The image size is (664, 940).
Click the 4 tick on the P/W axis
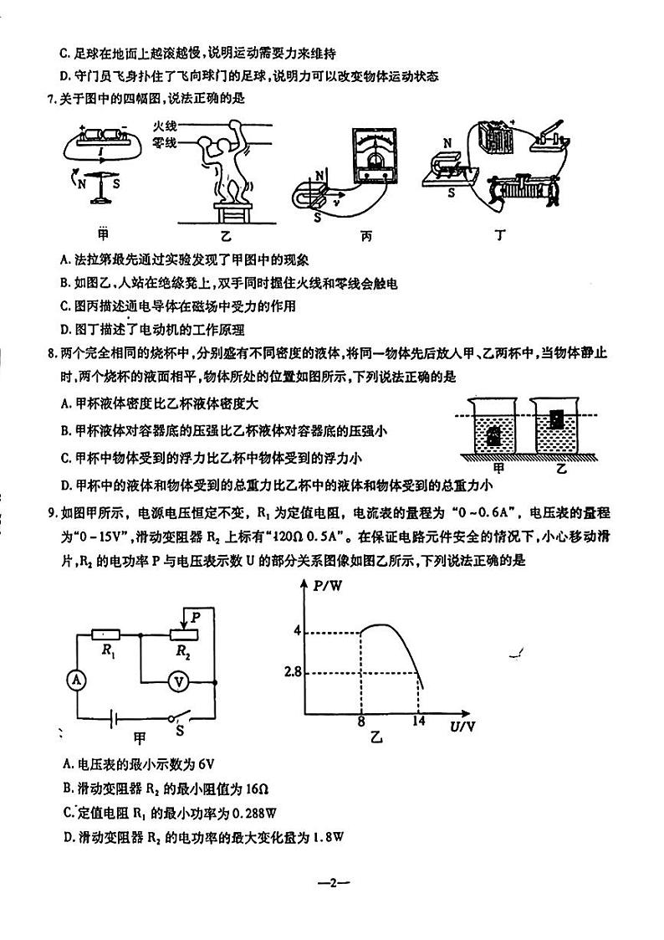(296, 630)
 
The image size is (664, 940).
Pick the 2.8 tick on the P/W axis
(292, 671)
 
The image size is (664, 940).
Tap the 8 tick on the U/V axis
(360, 722)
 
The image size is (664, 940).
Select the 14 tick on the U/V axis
(418, 722)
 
